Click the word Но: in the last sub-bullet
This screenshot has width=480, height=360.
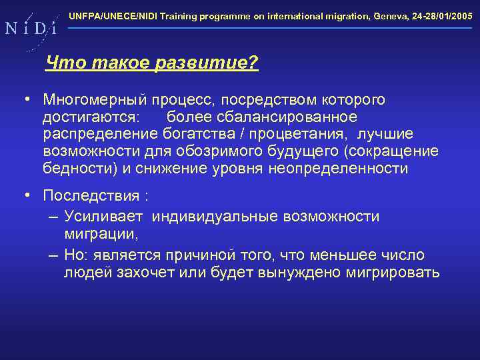click(78, 255)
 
